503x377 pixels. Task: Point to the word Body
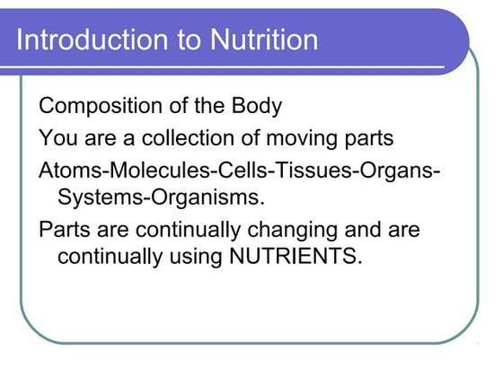coord(257,107)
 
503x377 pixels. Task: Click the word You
coord(57,139)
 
